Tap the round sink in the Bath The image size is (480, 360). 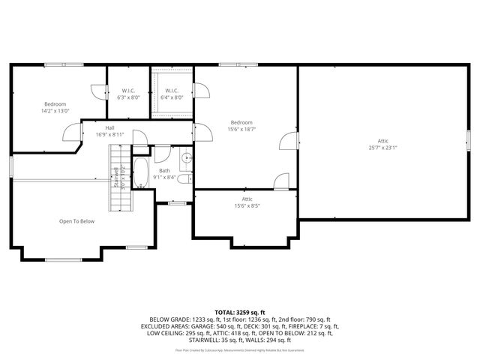(184, 158)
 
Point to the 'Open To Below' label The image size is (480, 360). (76, 221)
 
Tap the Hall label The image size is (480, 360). (109, 128)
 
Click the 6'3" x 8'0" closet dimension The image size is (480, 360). (129, 97)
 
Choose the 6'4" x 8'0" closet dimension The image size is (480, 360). (172, 97)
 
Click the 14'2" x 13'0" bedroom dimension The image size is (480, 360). (55, 111)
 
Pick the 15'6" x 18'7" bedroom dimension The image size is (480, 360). (241, 130)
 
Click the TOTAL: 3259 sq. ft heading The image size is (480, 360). (240, 311)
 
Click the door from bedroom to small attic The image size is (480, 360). (280, 182)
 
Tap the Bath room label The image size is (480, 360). (164, 171)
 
